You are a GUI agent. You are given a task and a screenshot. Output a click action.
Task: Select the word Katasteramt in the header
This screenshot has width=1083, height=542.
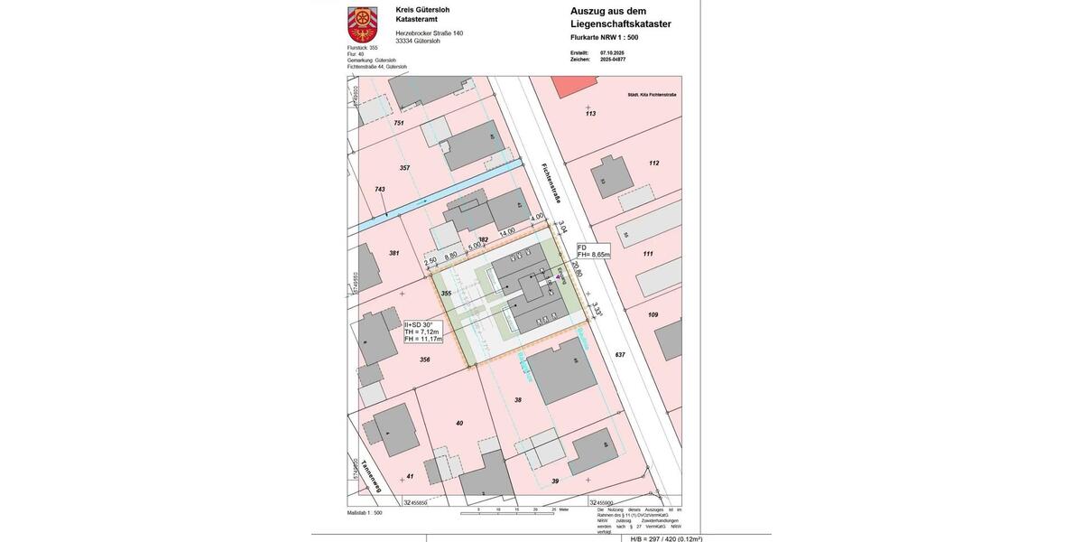[417, 19]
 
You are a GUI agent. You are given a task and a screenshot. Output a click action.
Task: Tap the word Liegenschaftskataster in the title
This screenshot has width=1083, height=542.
[620, 23]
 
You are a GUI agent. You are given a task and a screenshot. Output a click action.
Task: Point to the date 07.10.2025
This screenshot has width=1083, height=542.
[612, 52]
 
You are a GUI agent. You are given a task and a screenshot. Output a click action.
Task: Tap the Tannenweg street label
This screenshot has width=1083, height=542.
[371, 476]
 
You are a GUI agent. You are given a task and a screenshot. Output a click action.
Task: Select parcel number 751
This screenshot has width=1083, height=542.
[398, 123]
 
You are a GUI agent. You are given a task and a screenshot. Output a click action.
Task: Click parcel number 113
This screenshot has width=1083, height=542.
[590, 114]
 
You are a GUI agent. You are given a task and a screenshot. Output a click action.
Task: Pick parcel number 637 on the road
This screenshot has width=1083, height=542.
[619, 354]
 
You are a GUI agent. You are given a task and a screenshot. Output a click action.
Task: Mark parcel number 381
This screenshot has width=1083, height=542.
[393, 253]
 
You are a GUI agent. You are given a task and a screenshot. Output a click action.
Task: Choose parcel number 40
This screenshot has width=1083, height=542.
[458, 423]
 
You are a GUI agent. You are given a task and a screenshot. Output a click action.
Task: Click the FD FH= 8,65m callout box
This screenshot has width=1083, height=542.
[593, 251]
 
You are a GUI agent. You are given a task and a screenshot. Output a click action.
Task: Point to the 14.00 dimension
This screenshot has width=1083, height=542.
[507, 231]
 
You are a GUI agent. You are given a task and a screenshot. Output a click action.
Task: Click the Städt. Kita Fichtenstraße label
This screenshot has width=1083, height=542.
[652, 95]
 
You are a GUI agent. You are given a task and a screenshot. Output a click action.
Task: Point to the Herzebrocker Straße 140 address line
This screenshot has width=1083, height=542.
[429, 33]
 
